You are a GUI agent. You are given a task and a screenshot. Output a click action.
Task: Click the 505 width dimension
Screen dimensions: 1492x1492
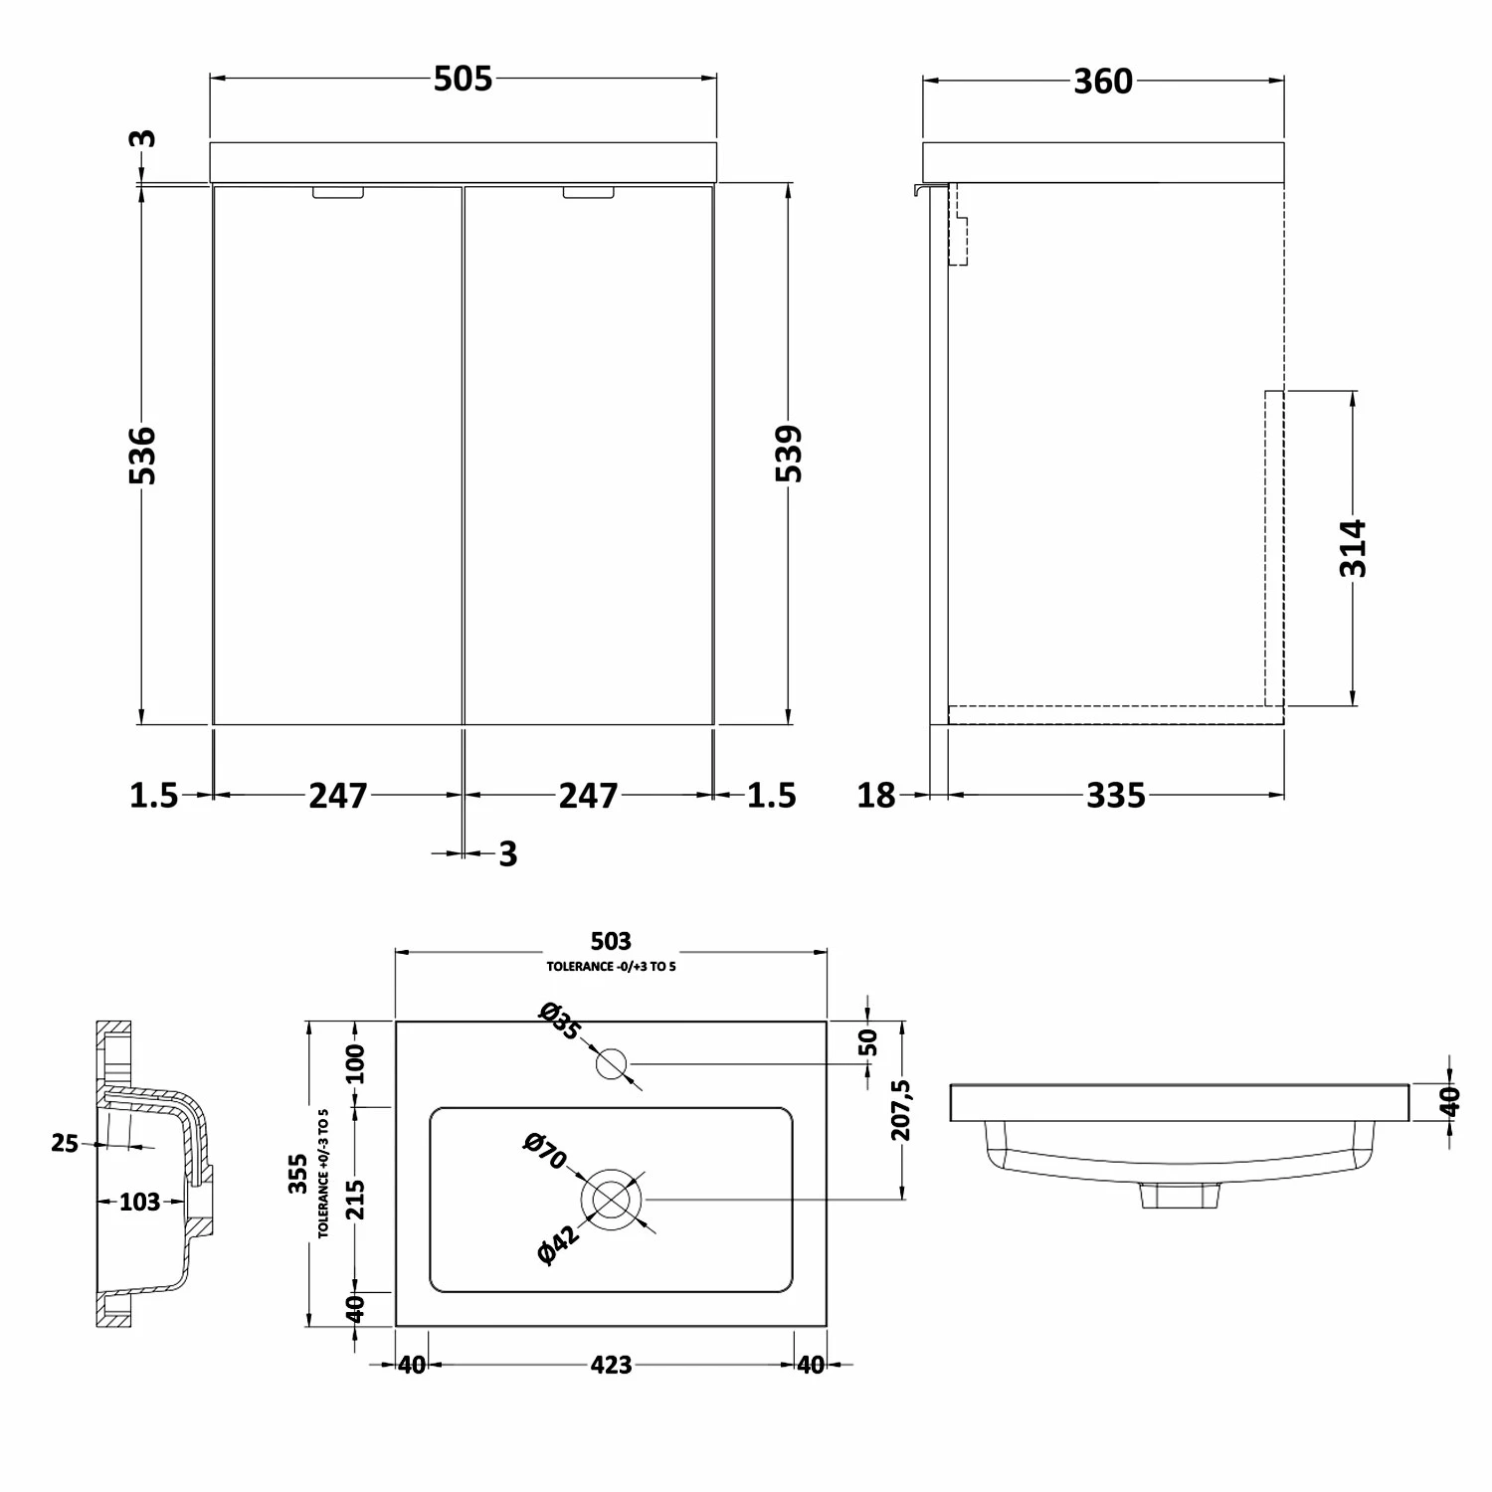click(x=463, y=79)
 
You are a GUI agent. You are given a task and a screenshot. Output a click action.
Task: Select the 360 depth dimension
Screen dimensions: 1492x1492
click(x=1103, y=81)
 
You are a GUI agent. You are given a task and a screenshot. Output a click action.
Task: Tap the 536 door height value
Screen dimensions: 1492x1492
click(x=143, y=455)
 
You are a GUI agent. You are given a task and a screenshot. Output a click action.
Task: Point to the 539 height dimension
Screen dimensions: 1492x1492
click(x=789, y=454)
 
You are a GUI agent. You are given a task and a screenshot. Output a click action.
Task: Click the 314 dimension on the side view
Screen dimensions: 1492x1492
click(x=1354, y=547)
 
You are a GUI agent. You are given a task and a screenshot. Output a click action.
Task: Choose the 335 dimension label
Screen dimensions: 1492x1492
click(x=1115, y=796)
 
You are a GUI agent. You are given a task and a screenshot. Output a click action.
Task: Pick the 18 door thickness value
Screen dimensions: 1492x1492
click(x=876, y=796)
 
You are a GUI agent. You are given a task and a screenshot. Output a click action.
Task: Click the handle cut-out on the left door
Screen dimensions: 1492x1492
click(x=339, y=194)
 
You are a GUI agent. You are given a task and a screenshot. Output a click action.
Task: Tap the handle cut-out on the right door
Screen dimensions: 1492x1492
click(x=589, y=194)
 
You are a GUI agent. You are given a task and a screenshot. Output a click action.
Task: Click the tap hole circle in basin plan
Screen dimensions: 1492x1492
click(x=612, y=1063)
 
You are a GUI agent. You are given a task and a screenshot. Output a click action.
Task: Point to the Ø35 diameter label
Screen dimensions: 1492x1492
click(x=558, y=1023)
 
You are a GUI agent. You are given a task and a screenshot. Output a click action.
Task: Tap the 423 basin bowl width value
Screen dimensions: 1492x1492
click(x=611, y=1365)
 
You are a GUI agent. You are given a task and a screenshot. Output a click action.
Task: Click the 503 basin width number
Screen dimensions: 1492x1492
click(x=611, y=941)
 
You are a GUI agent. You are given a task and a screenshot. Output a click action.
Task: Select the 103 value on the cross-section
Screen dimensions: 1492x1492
click(x=139, y=1203)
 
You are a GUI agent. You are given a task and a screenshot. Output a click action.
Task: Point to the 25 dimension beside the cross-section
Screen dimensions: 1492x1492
click(x=65, y=1144)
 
